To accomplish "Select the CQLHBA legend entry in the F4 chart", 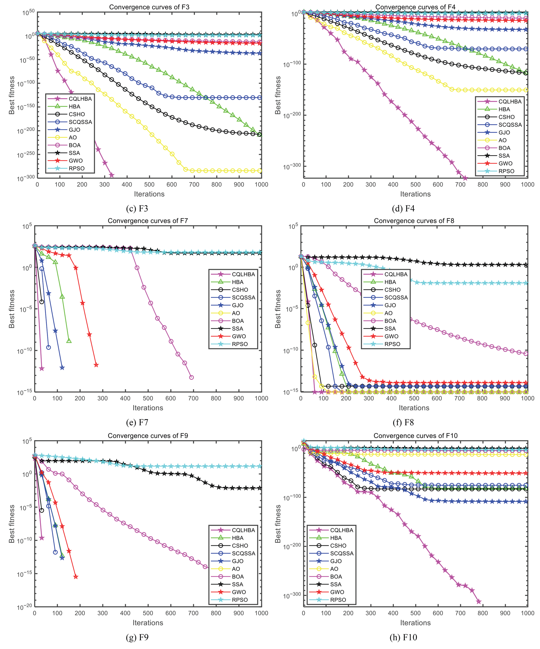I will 509,101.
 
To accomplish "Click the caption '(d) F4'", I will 403,209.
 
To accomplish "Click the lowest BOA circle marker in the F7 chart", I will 191,377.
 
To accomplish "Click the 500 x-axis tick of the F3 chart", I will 149,185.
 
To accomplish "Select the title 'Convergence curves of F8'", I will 414,221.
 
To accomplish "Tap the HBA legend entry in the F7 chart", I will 237,282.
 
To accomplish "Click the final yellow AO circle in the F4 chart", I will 526,90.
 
